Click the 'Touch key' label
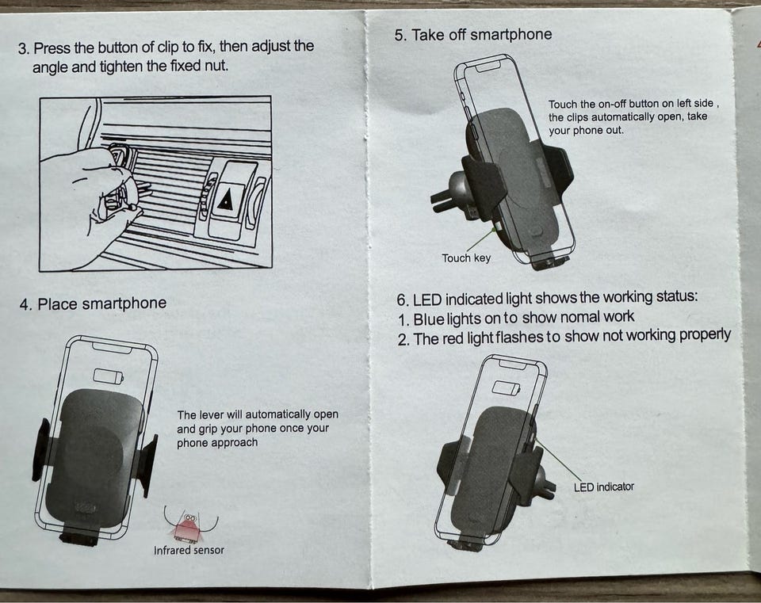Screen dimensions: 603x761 click(466, 258)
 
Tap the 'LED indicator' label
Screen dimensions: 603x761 click(603, 487)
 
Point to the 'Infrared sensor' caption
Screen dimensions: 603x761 click(189, 550)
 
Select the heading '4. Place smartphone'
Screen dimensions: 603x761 click(94, 303)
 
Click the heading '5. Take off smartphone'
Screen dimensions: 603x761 click(472, 35)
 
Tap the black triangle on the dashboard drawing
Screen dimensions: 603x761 click(225, 200)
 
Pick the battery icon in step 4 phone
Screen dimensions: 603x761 click(108, 376)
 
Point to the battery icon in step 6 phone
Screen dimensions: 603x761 click(506, 387)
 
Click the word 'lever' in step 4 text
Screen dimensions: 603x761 click(214, 414)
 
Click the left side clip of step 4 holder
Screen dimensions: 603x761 click(40, 449)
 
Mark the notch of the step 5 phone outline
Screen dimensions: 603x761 click(488, 67)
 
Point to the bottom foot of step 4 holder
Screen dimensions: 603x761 click(78, 539)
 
